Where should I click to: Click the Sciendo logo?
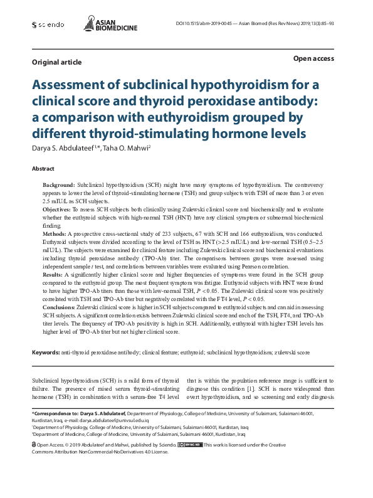(x=48, y=24)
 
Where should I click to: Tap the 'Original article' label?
(x=56, y=62)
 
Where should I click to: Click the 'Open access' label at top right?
(x=313, y=58)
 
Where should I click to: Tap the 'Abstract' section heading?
(x=44, y=169)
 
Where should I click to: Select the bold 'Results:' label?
(x=53, y=275)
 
